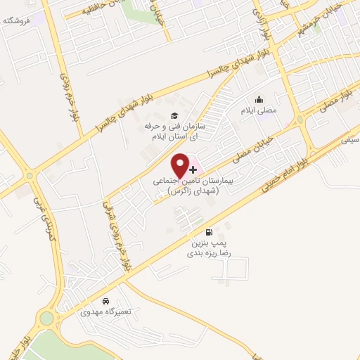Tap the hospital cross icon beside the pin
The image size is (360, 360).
point(193,170)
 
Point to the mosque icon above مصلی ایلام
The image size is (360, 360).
point(259,99)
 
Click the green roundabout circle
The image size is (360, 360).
point(46,318)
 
